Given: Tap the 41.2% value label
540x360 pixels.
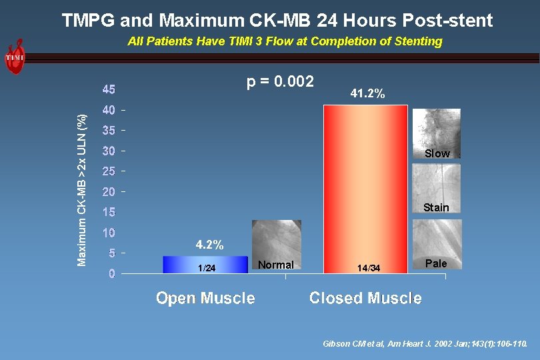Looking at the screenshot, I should point(367,95).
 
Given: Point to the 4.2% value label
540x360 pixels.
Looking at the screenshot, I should point(209,245).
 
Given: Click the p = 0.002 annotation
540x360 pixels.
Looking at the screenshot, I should point(281,82).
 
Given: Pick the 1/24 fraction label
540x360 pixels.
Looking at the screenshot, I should point(207,268).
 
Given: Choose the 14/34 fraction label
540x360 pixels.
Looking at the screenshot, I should point(369,268).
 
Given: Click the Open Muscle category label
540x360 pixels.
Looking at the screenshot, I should point(205,298).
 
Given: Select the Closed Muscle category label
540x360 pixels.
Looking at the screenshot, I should point(365,298).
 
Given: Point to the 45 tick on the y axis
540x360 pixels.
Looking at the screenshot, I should point(109,89).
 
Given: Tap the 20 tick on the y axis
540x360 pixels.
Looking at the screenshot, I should point(109,192).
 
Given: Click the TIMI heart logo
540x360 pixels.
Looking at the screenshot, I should point(15,57).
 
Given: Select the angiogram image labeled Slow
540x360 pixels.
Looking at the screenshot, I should point(436,133).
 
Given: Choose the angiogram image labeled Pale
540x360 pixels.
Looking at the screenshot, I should point(436,243).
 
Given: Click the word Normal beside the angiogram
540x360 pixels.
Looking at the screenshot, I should point(276,265).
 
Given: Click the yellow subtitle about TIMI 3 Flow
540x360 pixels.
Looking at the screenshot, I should point(285,41).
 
